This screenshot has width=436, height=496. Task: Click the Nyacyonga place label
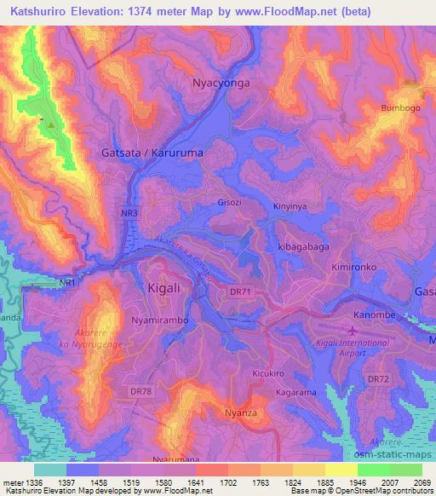[221, 84]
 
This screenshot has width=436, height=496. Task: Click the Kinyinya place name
[291, 206]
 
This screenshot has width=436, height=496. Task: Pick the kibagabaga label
[303, 245]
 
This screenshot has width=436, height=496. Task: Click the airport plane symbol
[353, 329]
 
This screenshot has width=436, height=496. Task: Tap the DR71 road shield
[241, 292]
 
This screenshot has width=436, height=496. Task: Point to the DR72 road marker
[376, 378]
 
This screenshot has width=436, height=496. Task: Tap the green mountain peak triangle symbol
[50, 125]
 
